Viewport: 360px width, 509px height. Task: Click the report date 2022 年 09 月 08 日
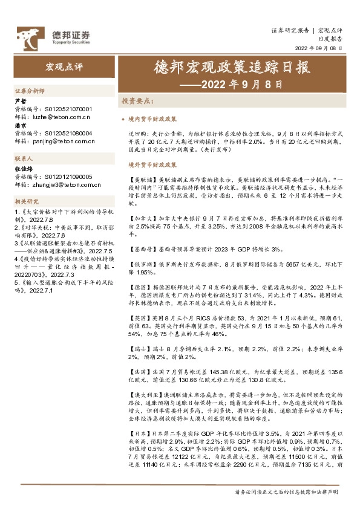[x=318, y=49]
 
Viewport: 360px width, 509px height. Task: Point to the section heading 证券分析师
[x=30, y=89]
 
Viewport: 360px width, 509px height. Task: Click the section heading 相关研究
[x=27, y=201]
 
